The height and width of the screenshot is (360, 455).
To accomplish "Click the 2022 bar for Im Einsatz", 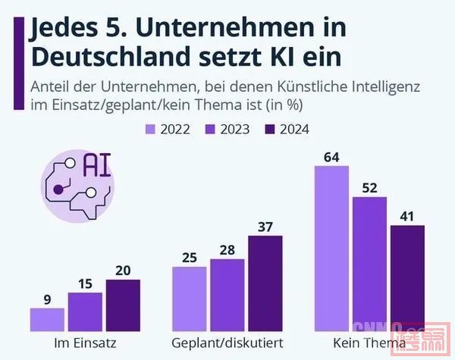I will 47,319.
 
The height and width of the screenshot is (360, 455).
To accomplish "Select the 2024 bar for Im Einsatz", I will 123,305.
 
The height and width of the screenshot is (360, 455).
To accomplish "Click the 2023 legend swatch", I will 213,130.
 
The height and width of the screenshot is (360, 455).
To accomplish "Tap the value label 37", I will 265,227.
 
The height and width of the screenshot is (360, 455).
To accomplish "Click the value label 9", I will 47,299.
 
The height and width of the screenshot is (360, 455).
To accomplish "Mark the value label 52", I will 369,187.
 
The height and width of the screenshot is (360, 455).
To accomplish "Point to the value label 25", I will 190,258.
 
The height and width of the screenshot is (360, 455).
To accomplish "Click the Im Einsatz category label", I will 85,343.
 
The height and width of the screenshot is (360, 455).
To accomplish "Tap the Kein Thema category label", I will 369,343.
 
